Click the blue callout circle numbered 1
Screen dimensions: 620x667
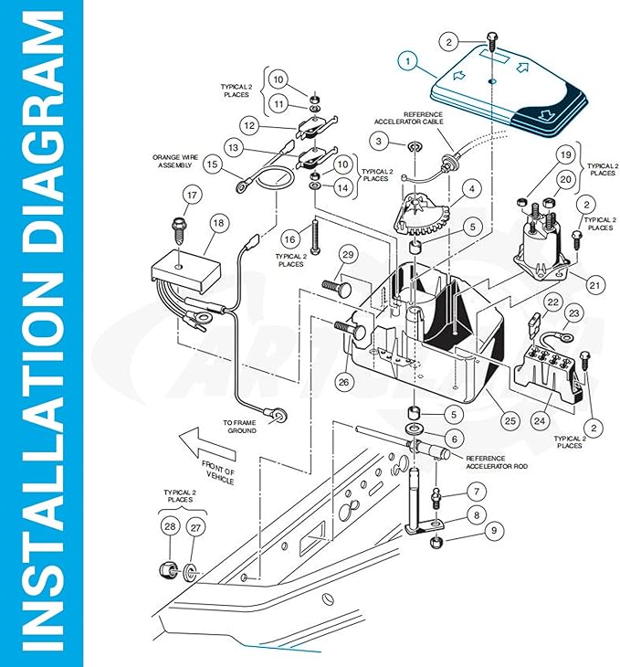407,61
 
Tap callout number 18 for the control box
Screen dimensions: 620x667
218,223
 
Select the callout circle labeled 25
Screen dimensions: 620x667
510,420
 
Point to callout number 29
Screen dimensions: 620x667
348,254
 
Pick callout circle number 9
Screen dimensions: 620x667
494,531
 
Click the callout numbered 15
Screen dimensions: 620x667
212,164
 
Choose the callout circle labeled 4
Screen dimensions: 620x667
471,189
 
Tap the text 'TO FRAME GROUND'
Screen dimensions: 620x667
239,427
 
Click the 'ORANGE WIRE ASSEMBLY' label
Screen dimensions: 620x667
175,161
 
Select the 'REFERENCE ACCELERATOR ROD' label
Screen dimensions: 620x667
497,462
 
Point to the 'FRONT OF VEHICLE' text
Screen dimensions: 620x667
218,472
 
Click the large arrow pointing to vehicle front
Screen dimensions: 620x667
207,444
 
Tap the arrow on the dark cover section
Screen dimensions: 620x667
544,114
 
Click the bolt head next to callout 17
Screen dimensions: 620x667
177,223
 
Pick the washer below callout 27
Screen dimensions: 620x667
188,572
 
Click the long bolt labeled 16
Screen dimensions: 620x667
315,236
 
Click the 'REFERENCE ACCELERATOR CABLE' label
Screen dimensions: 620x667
409,118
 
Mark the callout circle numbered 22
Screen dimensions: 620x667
552,302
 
